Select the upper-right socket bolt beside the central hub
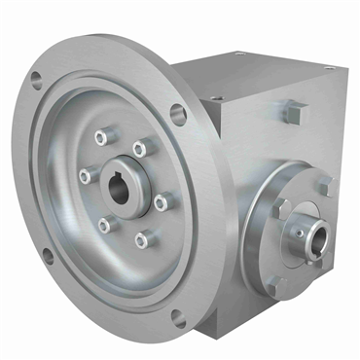click(139, 148)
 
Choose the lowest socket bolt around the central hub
click(142, 237)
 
